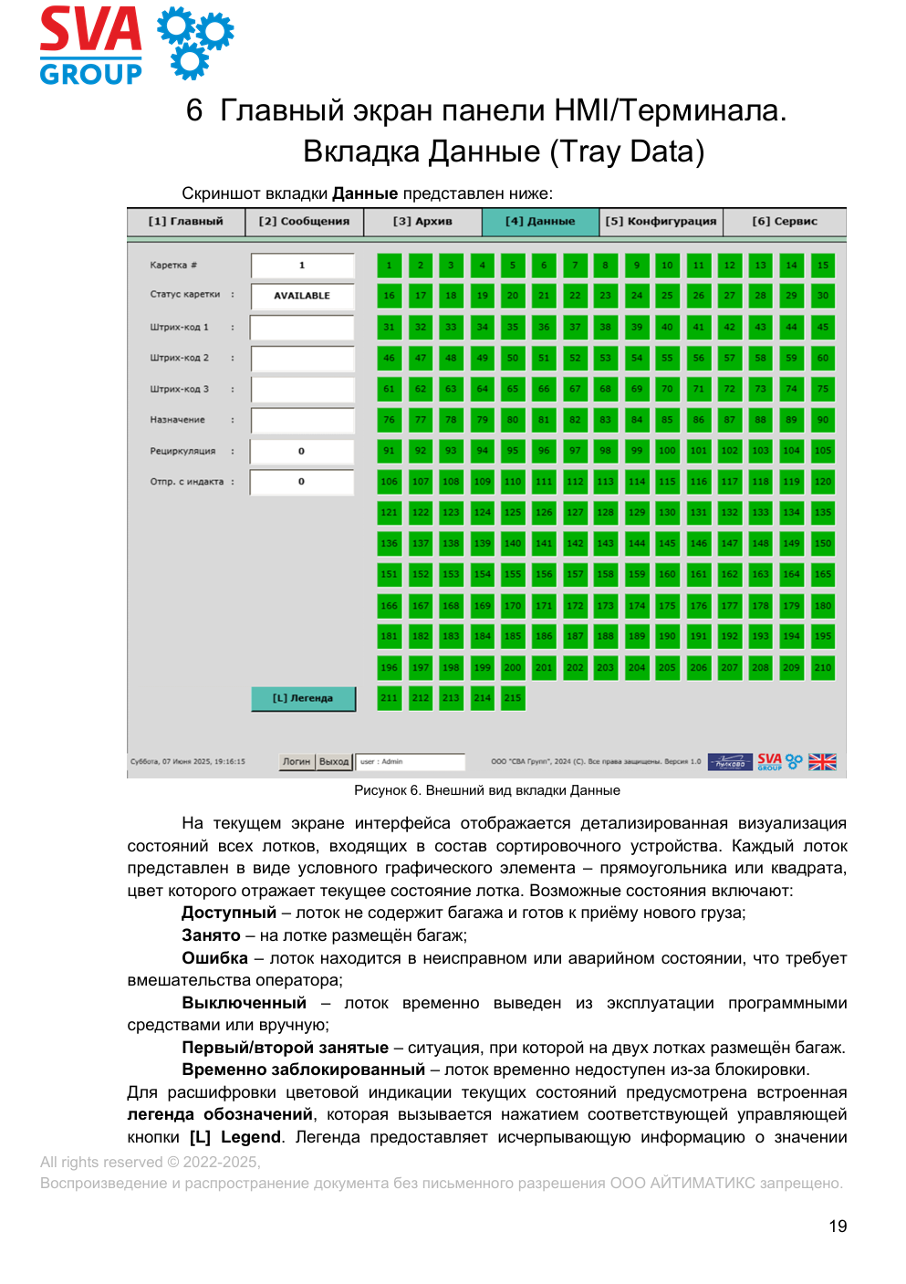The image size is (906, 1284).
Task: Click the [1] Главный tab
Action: point(186,222)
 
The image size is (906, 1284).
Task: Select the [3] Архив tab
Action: point(422,222)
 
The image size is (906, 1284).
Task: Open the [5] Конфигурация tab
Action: point(661,222)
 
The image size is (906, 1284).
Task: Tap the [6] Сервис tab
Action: point(785,222)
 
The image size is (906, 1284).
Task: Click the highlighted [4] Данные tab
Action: point(540,222)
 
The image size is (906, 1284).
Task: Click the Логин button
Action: point(297,762)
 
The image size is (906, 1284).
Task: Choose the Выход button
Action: point(334,762)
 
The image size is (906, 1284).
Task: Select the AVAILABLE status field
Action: point(302,296)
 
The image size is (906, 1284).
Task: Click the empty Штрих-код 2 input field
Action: point(302,359)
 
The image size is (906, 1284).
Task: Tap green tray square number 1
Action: point(390,266)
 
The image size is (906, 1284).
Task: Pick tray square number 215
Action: point(513,698)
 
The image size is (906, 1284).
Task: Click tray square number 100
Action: point(668,451)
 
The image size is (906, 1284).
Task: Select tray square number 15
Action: point(823,266)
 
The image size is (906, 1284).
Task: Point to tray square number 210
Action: point(823,668)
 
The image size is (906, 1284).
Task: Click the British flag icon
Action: point(822,762)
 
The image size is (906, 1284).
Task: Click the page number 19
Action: point(838,1227)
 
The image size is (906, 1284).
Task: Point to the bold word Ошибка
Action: point(214,958)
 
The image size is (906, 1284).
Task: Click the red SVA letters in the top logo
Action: point(90,30)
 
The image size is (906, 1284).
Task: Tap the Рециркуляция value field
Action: point(302,452)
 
